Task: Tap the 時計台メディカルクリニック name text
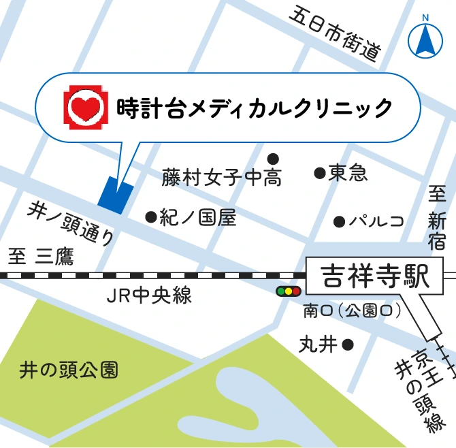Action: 255,108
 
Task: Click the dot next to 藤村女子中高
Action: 273,159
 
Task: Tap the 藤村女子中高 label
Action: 222,178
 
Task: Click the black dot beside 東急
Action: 319,174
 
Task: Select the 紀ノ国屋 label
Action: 198,217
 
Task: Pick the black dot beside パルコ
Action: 339,221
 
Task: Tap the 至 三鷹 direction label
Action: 41,257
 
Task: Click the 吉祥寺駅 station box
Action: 374,276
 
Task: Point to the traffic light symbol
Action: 288,291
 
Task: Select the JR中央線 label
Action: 150,295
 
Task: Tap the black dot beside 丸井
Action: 348,345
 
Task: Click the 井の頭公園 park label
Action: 69,370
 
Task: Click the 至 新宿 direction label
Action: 437,220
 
